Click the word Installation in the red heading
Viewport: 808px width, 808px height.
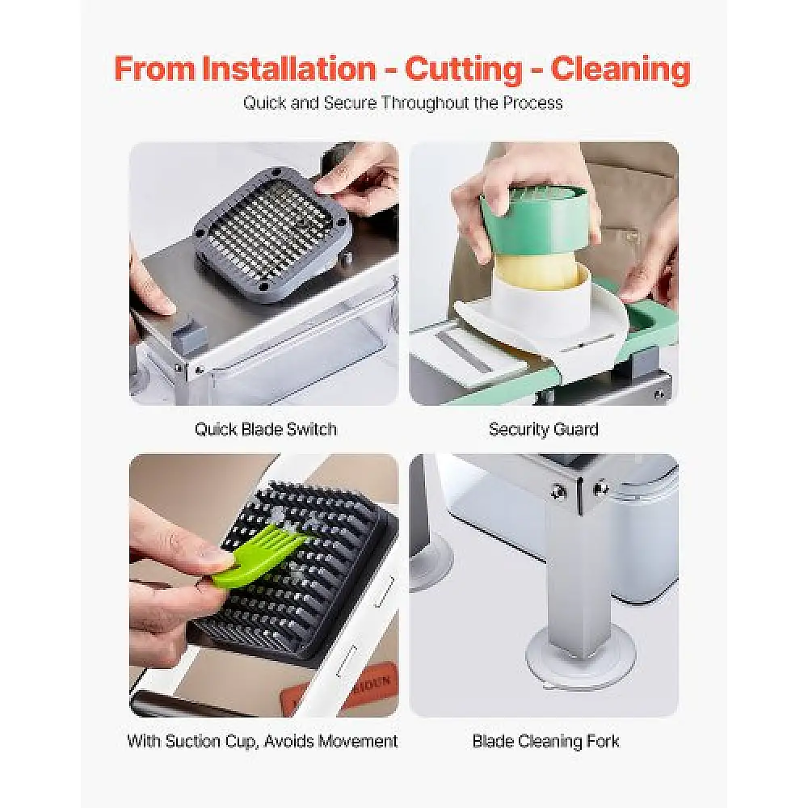[288, 69]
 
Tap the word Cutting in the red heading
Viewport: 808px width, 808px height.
[464, 69]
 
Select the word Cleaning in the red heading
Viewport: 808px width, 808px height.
[621, 69]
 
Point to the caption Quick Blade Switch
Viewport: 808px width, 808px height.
[265, 429]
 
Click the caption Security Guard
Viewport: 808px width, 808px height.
[544, 429]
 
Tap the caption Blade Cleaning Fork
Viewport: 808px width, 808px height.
[545, 741]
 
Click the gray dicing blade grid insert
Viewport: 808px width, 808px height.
[273, 234]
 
